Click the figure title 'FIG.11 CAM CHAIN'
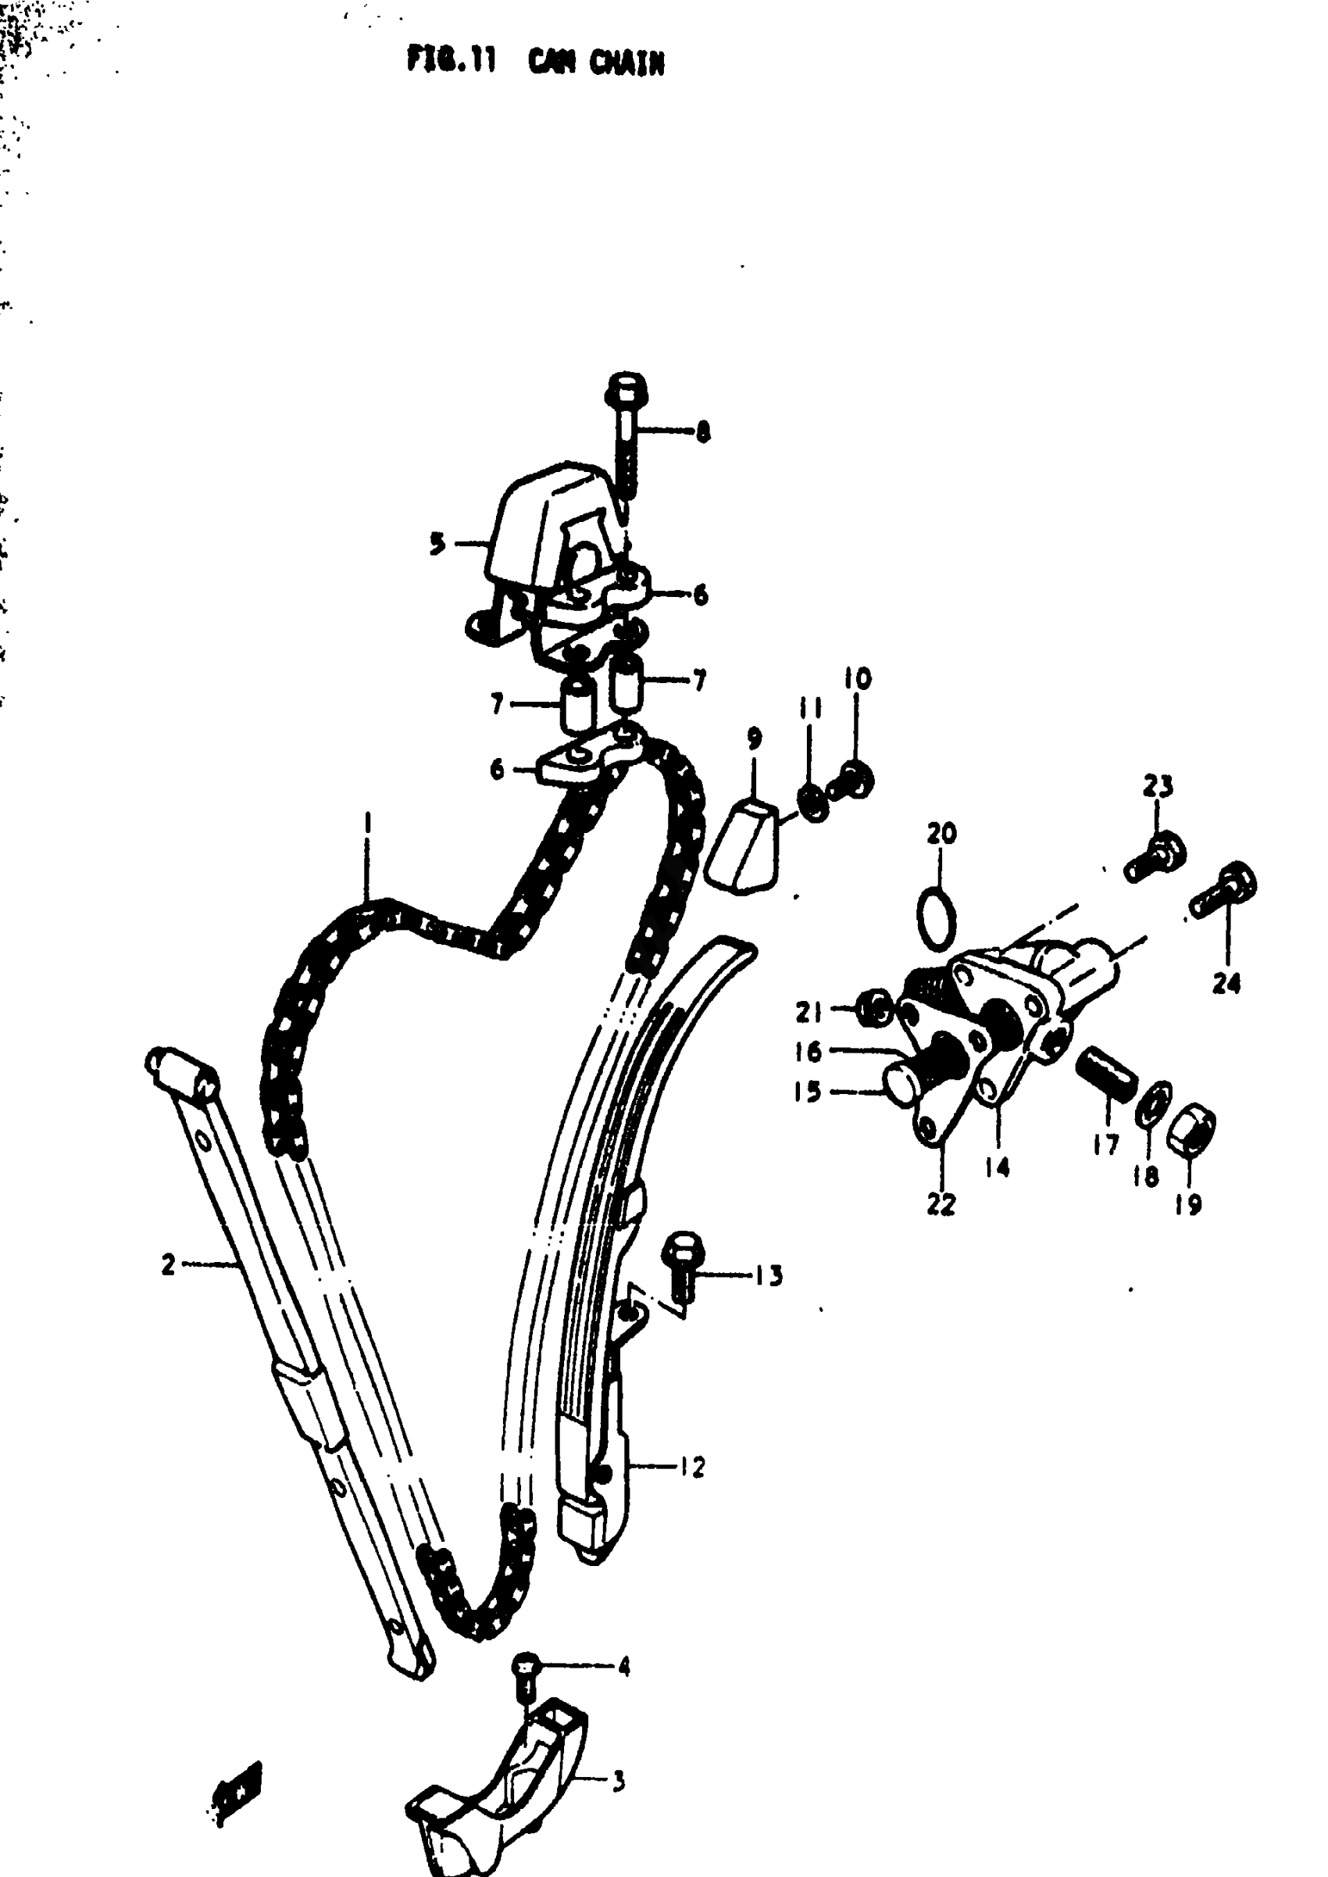(x=536, y=61)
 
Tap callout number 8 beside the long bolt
(x=702, y=431)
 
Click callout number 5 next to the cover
(x=438, y=543)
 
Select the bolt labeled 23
(x=1155, y=856)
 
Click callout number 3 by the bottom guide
(x=619, y=1782)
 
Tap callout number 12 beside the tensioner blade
(x=692, y=1468)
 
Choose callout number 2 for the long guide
(x=169, y=1264)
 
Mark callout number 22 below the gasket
(x=941, y=1204)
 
